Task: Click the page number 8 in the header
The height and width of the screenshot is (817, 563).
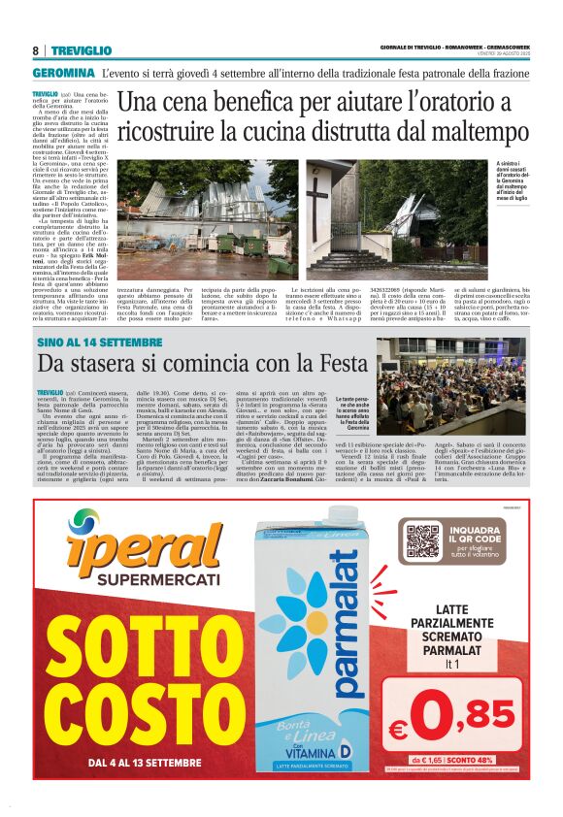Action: pyautogui.click(x=35, y=50)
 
